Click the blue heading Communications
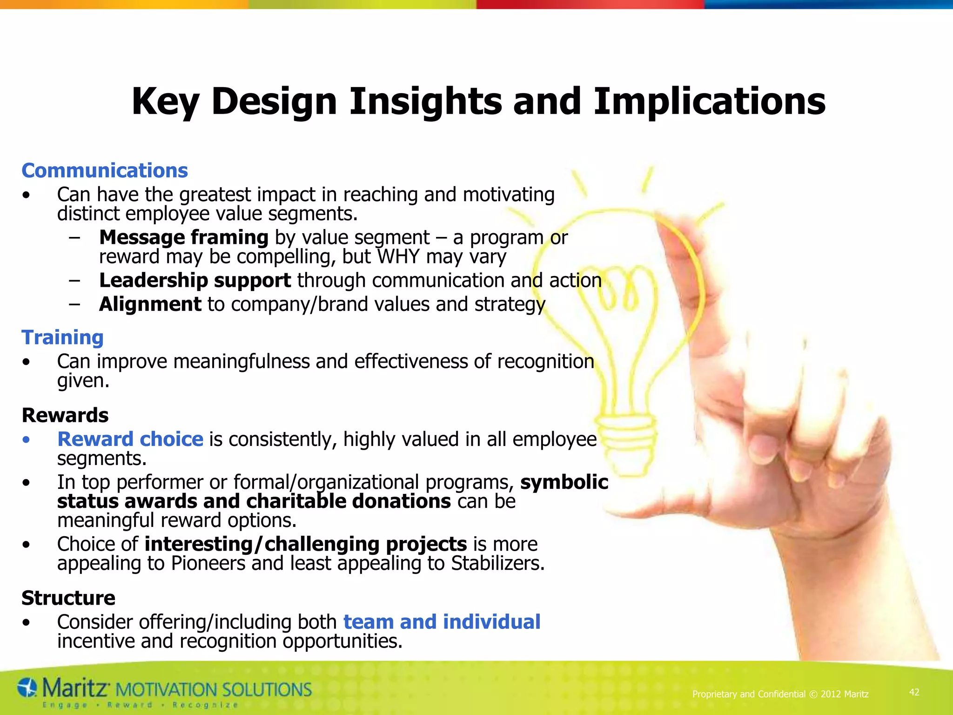(105, 170)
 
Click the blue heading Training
(62, 337)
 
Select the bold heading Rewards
(65, 415)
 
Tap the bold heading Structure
(68, 598)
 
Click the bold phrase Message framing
(183, 237)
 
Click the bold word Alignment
(150, 304)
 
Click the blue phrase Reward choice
(130, 439)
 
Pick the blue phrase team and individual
(442, 621)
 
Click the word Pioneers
(208, 563)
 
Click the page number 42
(914, 692)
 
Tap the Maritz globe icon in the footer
(27, 688)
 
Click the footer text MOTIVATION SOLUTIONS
(213, 689)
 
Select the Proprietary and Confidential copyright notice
(780, 694)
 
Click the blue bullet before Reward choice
(27, 439)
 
